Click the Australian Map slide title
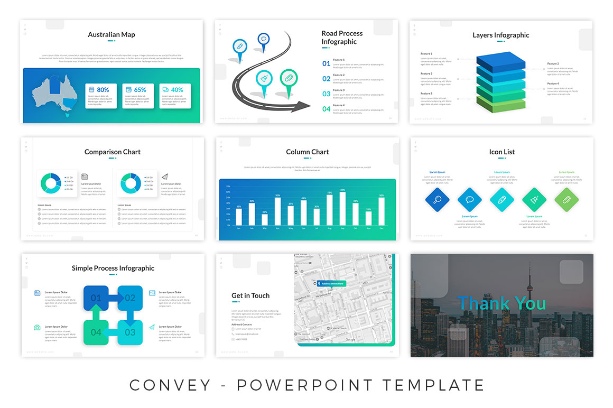point(112,35)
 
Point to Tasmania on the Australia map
point(66,112)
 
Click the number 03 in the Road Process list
point(327,94)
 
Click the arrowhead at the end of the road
point(305,105)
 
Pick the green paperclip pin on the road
point(289,78)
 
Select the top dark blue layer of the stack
point(500,60)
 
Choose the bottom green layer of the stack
point(500,104)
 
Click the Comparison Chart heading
point(113,152)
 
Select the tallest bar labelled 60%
point(342,208)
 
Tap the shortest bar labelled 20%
point(265,219)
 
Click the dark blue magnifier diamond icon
point(437,200)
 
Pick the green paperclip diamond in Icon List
point(566,200)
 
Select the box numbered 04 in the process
point(96,332)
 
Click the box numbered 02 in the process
point(130,298)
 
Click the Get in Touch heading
point(250,296)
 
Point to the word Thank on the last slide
point(479,303)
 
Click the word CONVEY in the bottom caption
point(170,385)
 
